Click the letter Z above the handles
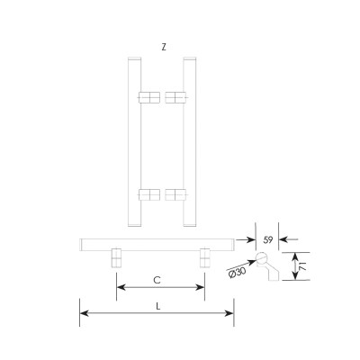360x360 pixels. coord(164,47)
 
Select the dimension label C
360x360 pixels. coord(157,280)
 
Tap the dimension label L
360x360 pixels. coord(158,307)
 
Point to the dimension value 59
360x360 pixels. coord(267,240)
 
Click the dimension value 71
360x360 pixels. coord(303,265)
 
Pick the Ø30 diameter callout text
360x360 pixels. coord(237,273)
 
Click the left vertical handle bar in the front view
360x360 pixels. coord(134,141)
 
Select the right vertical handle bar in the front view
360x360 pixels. coord(190,141)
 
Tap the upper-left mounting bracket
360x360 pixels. coord(149,97)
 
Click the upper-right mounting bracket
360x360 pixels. coord(175,97)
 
